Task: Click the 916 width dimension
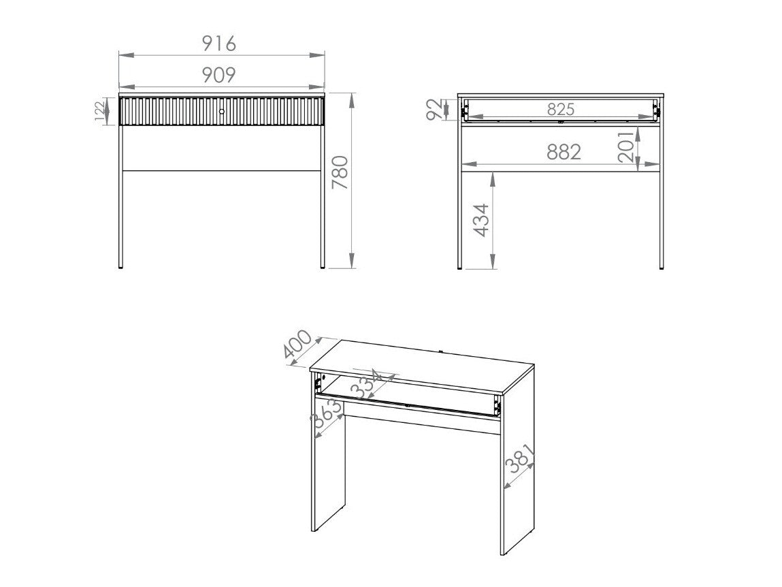219,44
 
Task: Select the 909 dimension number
219,75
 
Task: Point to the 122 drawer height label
100,111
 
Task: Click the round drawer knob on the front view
222,111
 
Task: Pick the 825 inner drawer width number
561,109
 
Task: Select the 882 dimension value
564,152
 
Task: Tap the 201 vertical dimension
627,146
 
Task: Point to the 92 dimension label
435,110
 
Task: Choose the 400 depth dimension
297,345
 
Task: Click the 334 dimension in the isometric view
366,384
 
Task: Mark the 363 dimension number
327,414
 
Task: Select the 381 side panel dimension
520,459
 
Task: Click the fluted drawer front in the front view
222,111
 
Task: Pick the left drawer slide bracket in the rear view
465,110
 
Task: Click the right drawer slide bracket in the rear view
656,110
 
